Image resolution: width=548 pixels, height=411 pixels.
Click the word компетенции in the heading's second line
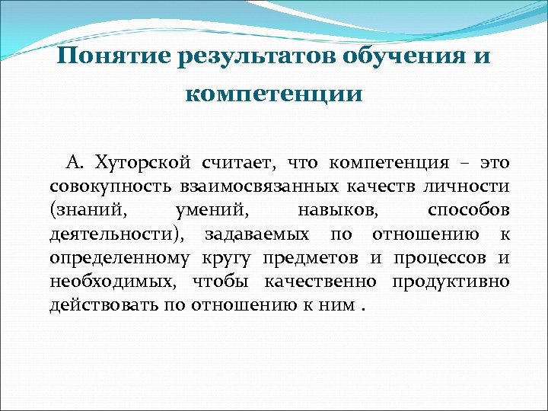point(274,95)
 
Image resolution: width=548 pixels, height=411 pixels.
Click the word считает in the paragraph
point(234,163)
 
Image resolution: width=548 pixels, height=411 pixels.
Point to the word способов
point(468,210)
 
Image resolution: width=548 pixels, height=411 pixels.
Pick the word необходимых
point(106,281)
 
